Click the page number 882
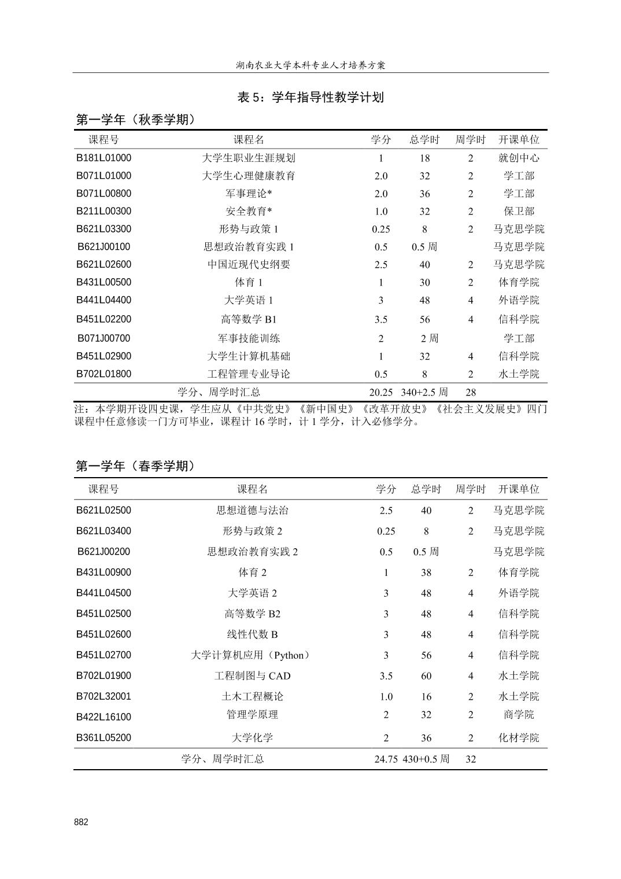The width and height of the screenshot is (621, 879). click(x=82, y=822)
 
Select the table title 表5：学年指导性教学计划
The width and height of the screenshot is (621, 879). click(x=310, y=97)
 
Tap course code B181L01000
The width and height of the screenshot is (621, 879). click(x=104, y=158)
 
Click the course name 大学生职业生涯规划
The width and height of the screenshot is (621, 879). click(x=249, y=158)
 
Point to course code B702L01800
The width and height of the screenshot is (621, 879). click(x=104, y=374)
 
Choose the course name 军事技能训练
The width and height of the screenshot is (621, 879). click(x=249, y=338)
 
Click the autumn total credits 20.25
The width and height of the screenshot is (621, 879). click(x=381, y=392)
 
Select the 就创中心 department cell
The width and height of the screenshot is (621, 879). click(x=519, y=158)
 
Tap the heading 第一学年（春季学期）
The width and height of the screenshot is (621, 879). click(x=136, y=466)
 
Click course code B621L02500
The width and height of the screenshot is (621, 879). click(x=104, y=510)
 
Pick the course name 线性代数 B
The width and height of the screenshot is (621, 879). click(x=252, y=634)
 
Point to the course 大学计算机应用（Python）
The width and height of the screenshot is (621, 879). click(x=252, y=655)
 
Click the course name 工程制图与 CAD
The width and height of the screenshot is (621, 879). click(x=252, y=675)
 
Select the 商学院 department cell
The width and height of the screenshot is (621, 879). click(x=519, y=715)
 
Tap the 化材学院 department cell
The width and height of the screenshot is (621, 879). click(x=519, y=738)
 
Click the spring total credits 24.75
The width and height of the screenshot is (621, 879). click(x=386, y=759)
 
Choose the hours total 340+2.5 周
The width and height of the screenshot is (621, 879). click(x=424, y=392)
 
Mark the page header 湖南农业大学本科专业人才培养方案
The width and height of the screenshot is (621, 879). click(x=310, y=65)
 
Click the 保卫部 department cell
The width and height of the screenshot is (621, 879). click(x=519, y=211)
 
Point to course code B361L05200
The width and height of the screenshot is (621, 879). click(x=104, y=738)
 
